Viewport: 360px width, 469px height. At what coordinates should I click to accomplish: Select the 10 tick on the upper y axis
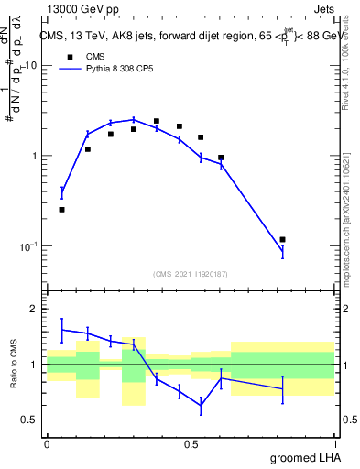click(30, 66)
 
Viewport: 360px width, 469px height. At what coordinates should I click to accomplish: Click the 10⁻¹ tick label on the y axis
click(27, 245)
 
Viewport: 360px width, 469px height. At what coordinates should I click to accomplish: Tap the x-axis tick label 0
click(47, 443)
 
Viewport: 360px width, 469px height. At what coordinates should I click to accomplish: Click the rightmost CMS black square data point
click(282, 240)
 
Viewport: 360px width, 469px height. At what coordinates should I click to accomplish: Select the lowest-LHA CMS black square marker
click(61, 210)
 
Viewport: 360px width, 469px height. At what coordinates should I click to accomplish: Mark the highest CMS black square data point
click(157, 121)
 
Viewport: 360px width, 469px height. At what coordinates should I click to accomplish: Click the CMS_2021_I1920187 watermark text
click(191, 273)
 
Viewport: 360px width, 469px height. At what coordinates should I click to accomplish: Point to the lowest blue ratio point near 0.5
click(201, 405)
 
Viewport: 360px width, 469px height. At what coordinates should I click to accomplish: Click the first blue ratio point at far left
click(61, 330)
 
